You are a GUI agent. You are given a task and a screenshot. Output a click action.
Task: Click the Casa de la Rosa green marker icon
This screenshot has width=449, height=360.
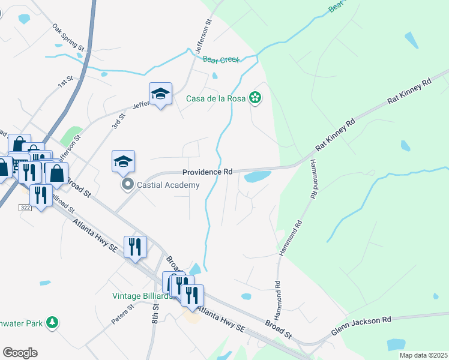coord(255,97)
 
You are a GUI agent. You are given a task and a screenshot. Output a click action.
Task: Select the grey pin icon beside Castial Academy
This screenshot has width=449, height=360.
coord(127,184)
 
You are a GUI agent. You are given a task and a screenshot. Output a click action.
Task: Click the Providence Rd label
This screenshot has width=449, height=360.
coord(207,172)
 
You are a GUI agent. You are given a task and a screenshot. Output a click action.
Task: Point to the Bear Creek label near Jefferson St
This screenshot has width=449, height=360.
coord(221,59)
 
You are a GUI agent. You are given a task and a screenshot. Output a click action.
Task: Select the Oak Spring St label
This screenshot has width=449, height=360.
coord(68,37)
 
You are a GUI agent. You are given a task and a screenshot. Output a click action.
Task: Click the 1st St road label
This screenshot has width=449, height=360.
coord(65,82)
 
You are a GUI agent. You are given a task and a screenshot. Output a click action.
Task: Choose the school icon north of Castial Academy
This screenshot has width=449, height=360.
coord(123,161)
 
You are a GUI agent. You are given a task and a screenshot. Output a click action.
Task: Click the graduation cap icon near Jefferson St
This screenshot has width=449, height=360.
coord(160,94)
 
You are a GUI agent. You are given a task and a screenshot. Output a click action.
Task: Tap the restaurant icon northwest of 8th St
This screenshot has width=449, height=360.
coord(135,246)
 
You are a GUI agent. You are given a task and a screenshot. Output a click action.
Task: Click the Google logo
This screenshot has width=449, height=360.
coord(20,353)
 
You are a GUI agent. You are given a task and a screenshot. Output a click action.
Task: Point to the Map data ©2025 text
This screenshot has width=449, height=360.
coord(423,355)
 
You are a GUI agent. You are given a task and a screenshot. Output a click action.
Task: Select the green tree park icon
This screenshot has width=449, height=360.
coord(52,323)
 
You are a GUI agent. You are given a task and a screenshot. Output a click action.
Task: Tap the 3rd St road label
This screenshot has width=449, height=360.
coord(117,120)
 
